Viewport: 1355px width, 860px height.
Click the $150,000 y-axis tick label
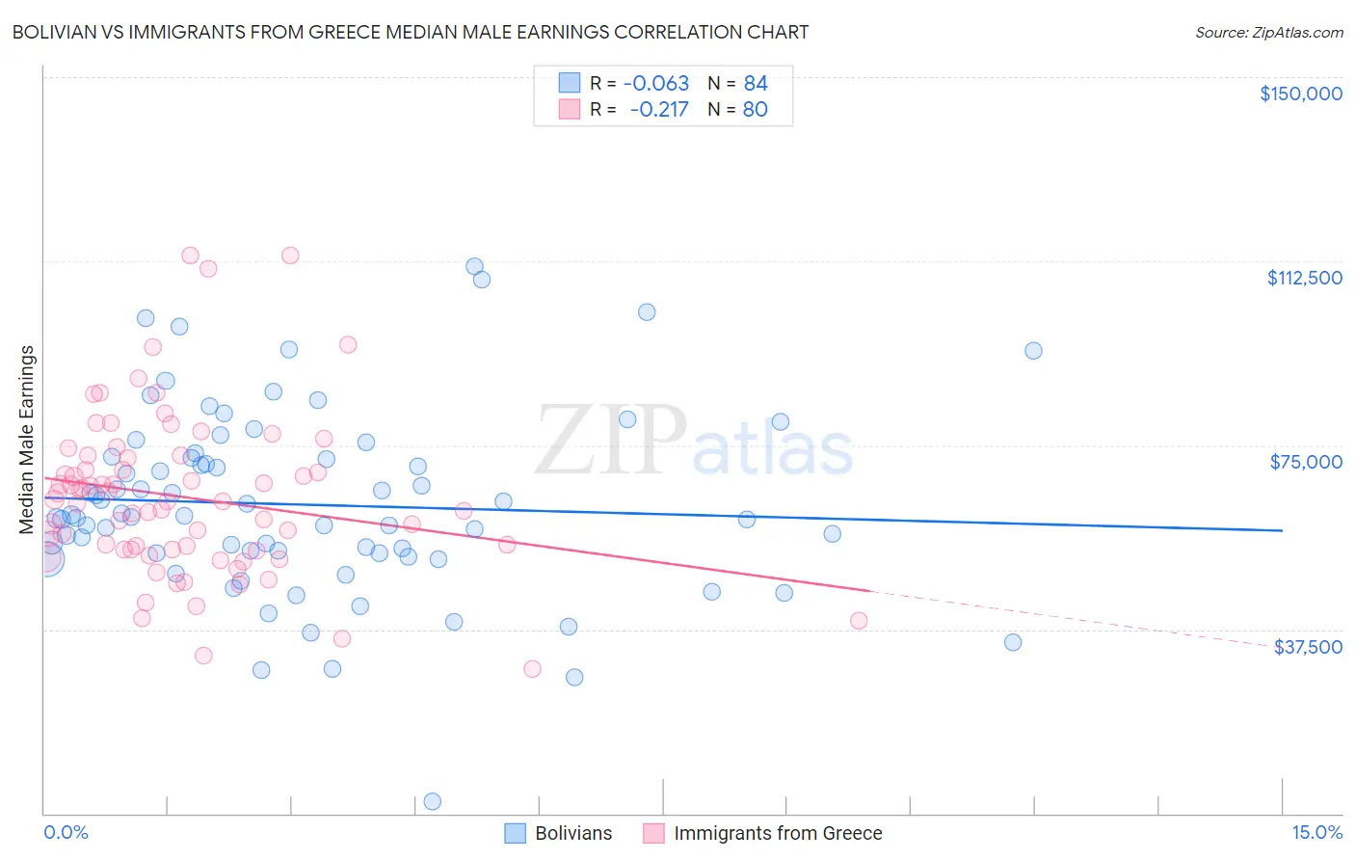[x=1300, y=94]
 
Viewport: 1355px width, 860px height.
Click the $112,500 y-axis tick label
[x=1304, y=278]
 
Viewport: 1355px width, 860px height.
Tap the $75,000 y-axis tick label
[x=1306, y=462]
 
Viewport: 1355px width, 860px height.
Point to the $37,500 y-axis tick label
[x=1308, y=647]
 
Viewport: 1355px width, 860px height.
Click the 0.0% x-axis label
[x=66, y=833]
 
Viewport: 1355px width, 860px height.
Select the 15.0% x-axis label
[x=1316, y=833]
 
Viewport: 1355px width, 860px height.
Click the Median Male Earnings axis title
[x=27, y=440]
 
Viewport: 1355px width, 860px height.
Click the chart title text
[x=411, y=32]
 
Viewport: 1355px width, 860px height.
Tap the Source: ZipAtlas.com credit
[x=1268, y=32]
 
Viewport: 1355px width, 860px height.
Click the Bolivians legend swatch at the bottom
[x=515, y=833]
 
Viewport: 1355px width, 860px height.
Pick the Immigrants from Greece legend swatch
[x=653, y=833]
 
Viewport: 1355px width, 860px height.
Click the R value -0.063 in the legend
[x=656, y=84]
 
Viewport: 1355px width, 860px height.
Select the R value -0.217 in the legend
[x=659, y=109]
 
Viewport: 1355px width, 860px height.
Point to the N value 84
[x=756, y=84]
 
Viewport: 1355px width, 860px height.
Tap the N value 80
[x=756, y=109]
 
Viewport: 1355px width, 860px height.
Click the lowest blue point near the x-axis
[x=433, y=801]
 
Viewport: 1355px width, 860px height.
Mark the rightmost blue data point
[x=1033, y=351]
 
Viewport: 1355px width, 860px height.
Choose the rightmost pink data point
[x=859, y=621]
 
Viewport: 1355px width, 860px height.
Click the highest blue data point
[x=474, y=266]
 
